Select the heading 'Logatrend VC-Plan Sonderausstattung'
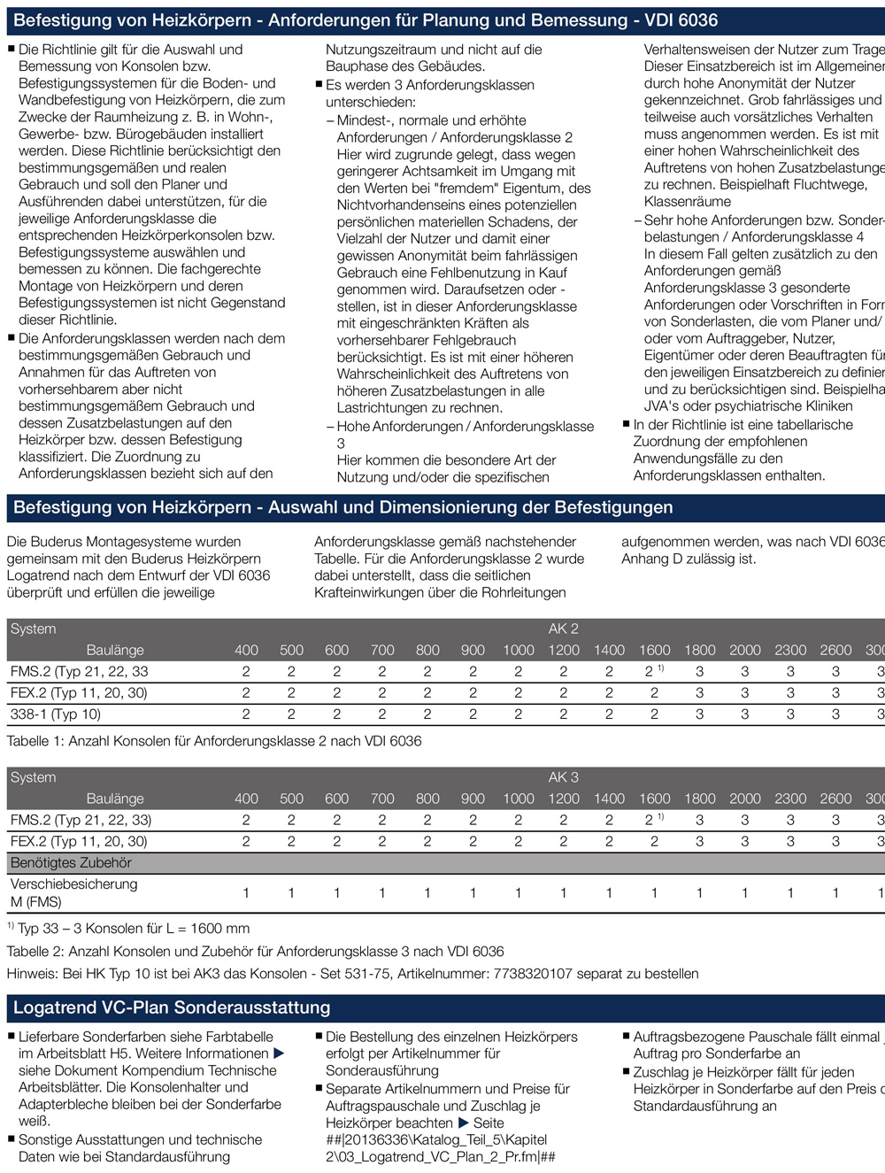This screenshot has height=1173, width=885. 172,1007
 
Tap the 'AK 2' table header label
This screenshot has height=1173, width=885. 563,629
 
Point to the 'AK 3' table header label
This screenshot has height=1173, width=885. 563,777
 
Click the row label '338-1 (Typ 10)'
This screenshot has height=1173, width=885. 56,714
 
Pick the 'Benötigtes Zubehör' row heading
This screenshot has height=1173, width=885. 71,862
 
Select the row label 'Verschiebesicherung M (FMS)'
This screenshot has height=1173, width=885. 73,892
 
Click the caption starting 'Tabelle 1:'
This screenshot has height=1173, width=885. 214,741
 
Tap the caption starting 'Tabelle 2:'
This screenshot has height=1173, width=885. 255,952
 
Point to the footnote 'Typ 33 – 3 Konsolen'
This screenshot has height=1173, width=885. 133,929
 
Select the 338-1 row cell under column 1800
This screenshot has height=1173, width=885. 699,714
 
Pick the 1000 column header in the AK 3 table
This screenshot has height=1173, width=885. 519,799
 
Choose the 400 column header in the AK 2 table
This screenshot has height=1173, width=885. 246,650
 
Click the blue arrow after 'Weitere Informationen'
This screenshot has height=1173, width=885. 279,1053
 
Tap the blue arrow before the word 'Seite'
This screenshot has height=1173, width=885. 463,1123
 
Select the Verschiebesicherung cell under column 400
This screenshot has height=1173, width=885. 246,893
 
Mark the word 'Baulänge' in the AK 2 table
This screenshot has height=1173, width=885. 115,650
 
